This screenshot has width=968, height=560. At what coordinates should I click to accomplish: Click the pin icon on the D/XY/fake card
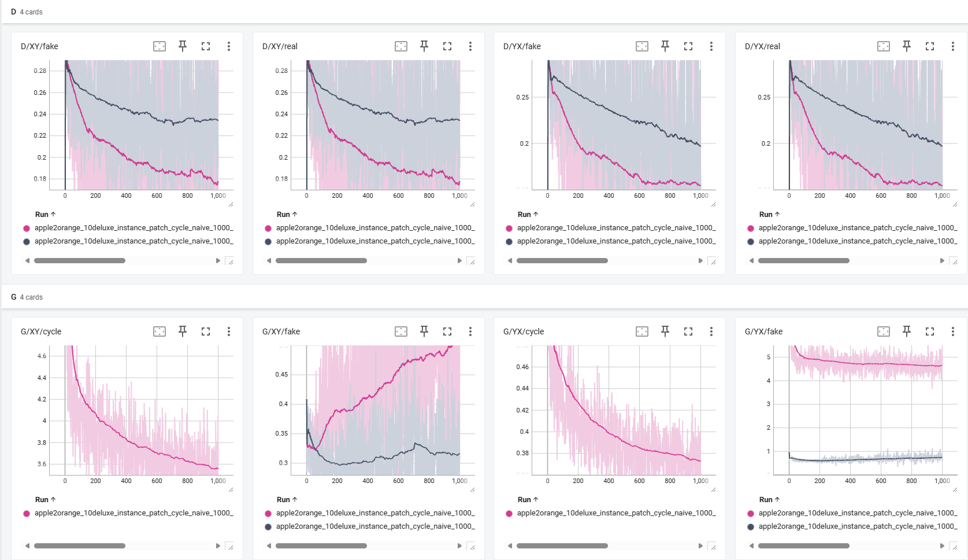pos(183,46)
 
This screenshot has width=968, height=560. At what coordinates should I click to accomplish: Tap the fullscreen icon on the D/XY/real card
pos(447,46)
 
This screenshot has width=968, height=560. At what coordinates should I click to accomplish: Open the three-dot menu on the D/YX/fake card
pos(711,46)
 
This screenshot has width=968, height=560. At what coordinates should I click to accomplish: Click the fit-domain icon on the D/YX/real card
pos(884,46)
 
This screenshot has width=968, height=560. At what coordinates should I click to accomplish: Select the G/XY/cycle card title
pos(41,331)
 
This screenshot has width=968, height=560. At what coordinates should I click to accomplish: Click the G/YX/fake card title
pos(763,331)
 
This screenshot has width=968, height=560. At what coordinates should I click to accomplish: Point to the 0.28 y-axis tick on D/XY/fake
pos(40,71)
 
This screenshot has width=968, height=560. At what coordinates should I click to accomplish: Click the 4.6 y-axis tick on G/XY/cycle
pos(42,356)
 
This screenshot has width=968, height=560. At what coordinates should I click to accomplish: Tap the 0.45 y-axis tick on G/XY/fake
pos(282,374)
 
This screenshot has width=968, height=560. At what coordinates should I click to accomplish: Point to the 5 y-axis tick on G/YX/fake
pos(769,357)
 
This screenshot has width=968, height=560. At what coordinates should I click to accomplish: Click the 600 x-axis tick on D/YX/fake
pos(639,196)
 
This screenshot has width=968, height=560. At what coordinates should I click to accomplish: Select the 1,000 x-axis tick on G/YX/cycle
pos(700,481)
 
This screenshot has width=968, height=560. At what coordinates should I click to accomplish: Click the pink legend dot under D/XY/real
pos(268,229)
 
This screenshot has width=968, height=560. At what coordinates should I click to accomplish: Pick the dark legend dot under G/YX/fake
pos(751,526)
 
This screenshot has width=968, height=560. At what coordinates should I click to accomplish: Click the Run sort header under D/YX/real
pos(769,215)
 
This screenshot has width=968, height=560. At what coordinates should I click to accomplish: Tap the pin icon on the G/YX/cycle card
pos(665,331)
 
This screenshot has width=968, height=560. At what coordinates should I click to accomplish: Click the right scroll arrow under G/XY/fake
pos(459,546)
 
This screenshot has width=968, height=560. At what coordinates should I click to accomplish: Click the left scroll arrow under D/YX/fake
pos(510,261)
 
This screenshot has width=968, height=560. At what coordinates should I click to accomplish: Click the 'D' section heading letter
pos(13,12)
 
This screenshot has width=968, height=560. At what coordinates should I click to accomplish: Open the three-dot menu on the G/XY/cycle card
pos(229,331)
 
